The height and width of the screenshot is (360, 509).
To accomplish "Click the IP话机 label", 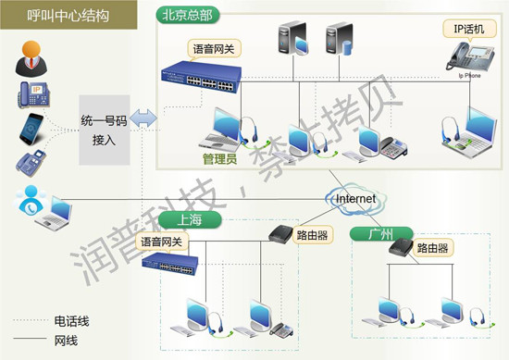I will (x=466, y=30).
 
